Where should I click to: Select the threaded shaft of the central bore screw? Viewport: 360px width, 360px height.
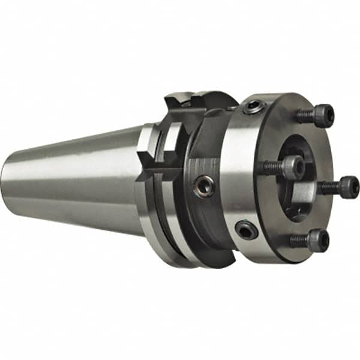[274, 166]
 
